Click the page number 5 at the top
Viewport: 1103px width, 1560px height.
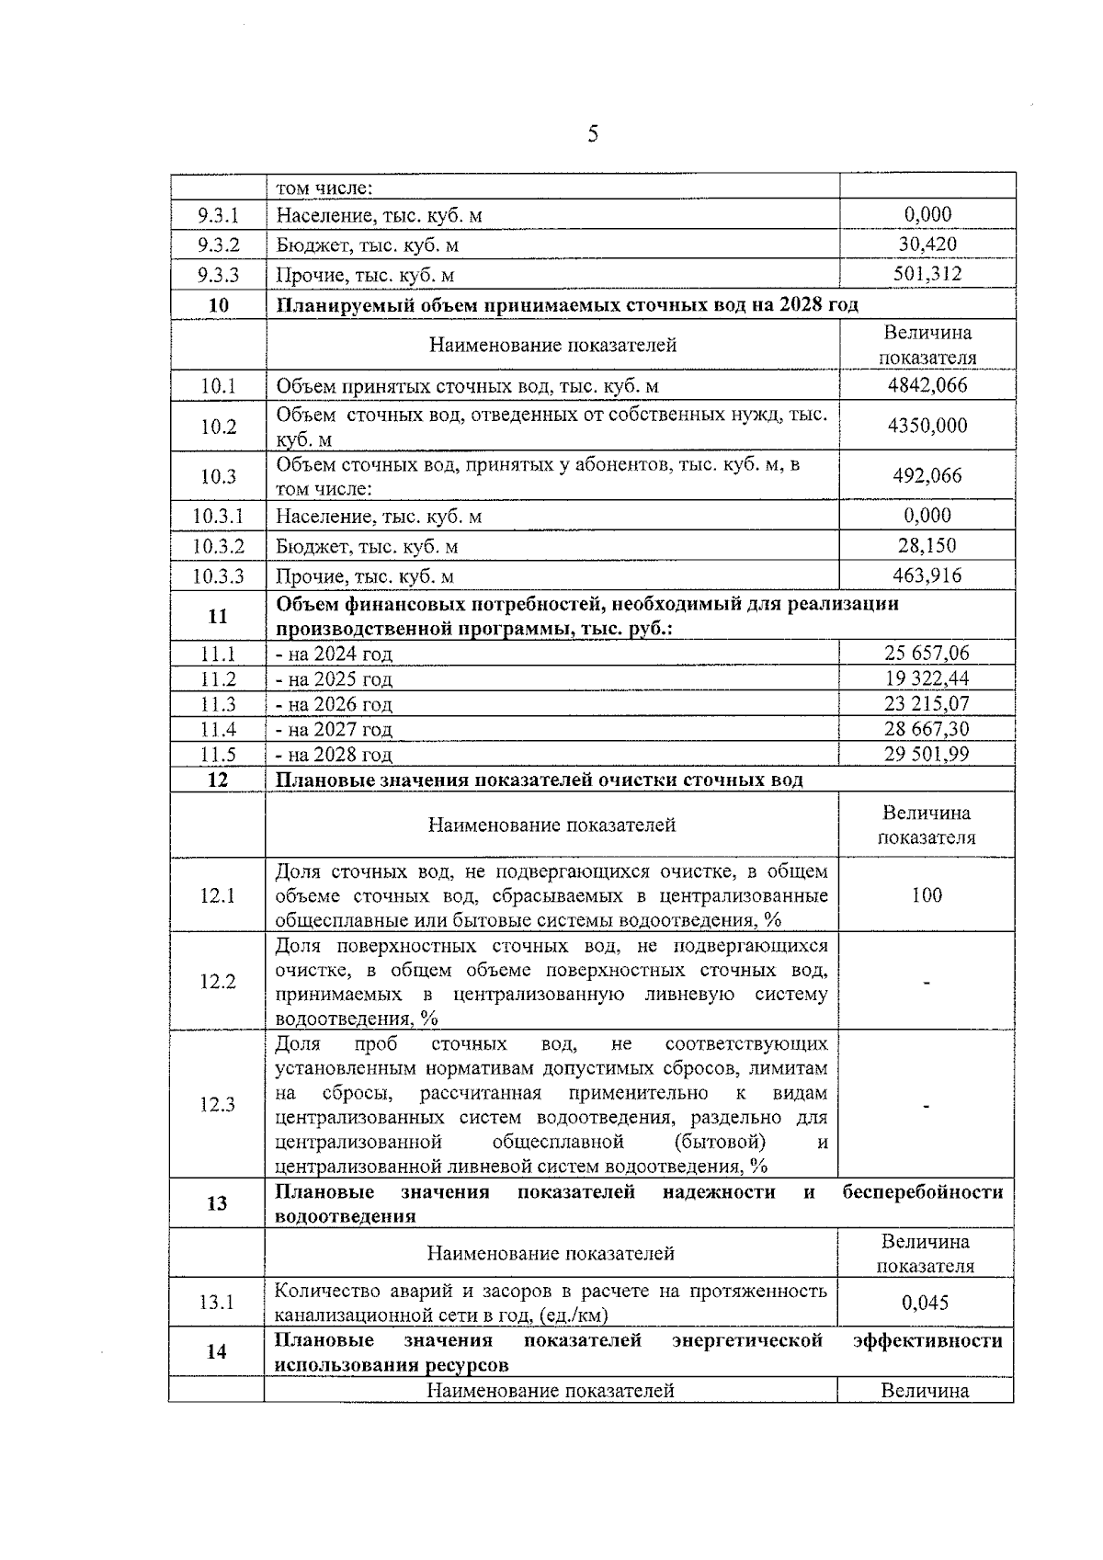click(593, 135)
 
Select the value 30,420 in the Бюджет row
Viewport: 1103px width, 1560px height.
click(927, 244)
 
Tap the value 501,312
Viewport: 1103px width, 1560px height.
click(927, 274)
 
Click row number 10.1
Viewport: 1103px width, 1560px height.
click(218, 386)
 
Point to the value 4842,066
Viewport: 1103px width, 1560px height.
click(927, 385)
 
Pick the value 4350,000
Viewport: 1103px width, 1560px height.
click(927, 426)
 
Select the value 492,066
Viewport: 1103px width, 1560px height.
click(927, 475)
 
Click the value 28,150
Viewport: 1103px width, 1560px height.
click(927, 545)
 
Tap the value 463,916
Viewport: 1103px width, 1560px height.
click(927, 575)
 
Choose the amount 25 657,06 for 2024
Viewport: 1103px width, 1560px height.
click(927, 653)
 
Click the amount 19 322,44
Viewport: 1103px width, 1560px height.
click(927, 678)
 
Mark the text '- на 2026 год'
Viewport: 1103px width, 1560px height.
click(335, 704)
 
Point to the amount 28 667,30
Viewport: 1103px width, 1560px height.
click(927, 729)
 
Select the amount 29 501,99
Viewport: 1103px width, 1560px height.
click(927, 754)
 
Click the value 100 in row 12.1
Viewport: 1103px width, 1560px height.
click(927, 895)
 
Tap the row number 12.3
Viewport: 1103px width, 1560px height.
click(218, 1104)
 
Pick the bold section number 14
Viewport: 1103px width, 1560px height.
click(217, 1351)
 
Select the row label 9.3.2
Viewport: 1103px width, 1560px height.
click(218, 245)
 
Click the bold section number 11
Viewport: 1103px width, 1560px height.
click(218, 616)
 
